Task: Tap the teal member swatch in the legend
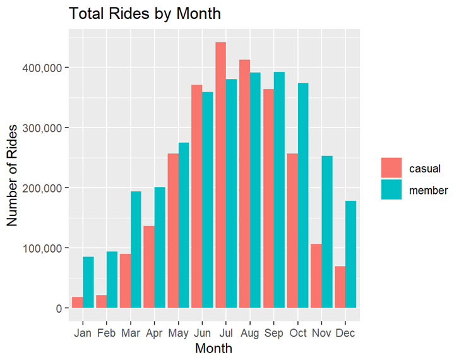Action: click(x=391, y=189)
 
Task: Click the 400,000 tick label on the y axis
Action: click(x=48, y=68)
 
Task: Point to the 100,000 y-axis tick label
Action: click(x=48, y=248)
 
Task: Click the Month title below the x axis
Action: click(x=214, y=348)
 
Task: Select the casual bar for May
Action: click(x=173, y=231)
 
